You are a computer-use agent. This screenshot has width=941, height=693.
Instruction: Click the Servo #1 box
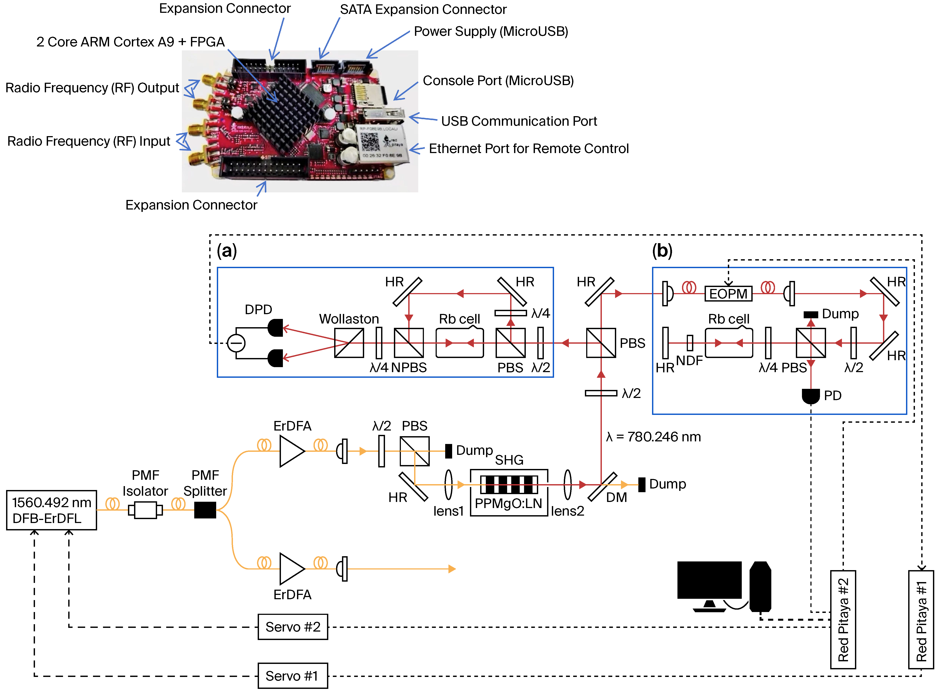(292, 675)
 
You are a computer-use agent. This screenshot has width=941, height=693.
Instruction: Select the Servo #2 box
(292, 627)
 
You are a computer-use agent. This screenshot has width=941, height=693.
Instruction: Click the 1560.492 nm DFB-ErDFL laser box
(51, 510)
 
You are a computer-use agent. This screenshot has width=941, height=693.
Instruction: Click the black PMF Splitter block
(205, 510)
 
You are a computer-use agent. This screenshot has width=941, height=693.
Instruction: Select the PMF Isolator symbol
(145, 510)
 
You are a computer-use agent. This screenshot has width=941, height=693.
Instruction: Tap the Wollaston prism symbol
(349, 343)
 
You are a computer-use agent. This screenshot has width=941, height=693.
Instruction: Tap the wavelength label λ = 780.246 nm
(653, 437)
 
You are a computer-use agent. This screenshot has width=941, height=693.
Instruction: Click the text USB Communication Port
(519, 121)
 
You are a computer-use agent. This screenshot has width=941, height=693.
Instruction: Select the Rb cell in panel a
(460, 343)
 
